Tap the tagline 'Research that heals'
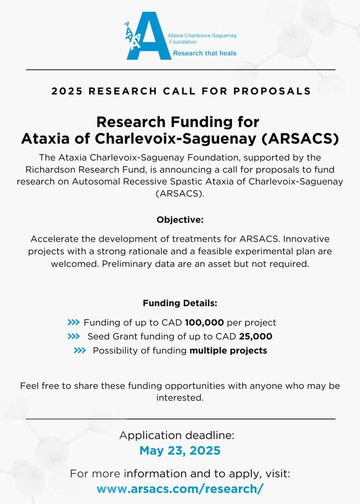pyautogui.click(x=205, y=53)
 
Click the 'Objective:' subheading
pyautogui.click(x=180, y=220)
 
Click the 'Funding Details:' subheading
pyautogui.click(x=180, y=303)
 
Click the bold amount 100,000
pyautogui.click(x=205, y=322)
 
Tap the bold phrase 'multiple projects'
pyautogui.click(x=228, y=351)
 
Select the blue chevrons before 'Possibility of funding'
pyautogui.click(x=80, y=351)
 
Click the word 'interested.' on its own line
pyautogui.click(x=180, y=398)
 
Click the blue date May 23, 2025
pyautogui.click(x=180, y=451)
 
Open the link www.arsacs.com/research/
pyautogui.click(x=180, y=488)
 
